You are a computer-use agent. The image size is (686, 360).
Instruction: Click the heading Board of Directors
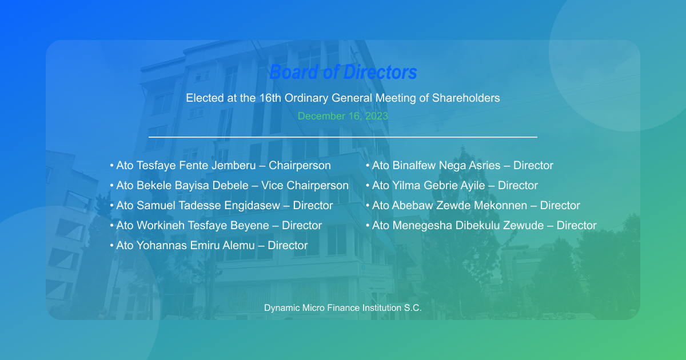point(343,73)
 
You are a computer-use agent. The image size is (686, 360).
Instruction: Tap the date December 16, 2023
point(343,116)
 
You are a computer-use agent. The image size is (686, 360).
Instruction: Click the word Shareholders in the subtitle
point(466,98)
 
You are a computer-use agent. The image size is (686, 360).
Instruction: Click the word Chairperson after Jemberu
point(300,166)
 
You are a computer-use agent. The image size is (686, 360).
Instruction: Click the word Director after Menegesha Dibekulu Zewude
point(576,226)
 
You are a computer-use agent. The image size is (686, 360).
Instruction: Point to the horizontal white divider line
point(343,137)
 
